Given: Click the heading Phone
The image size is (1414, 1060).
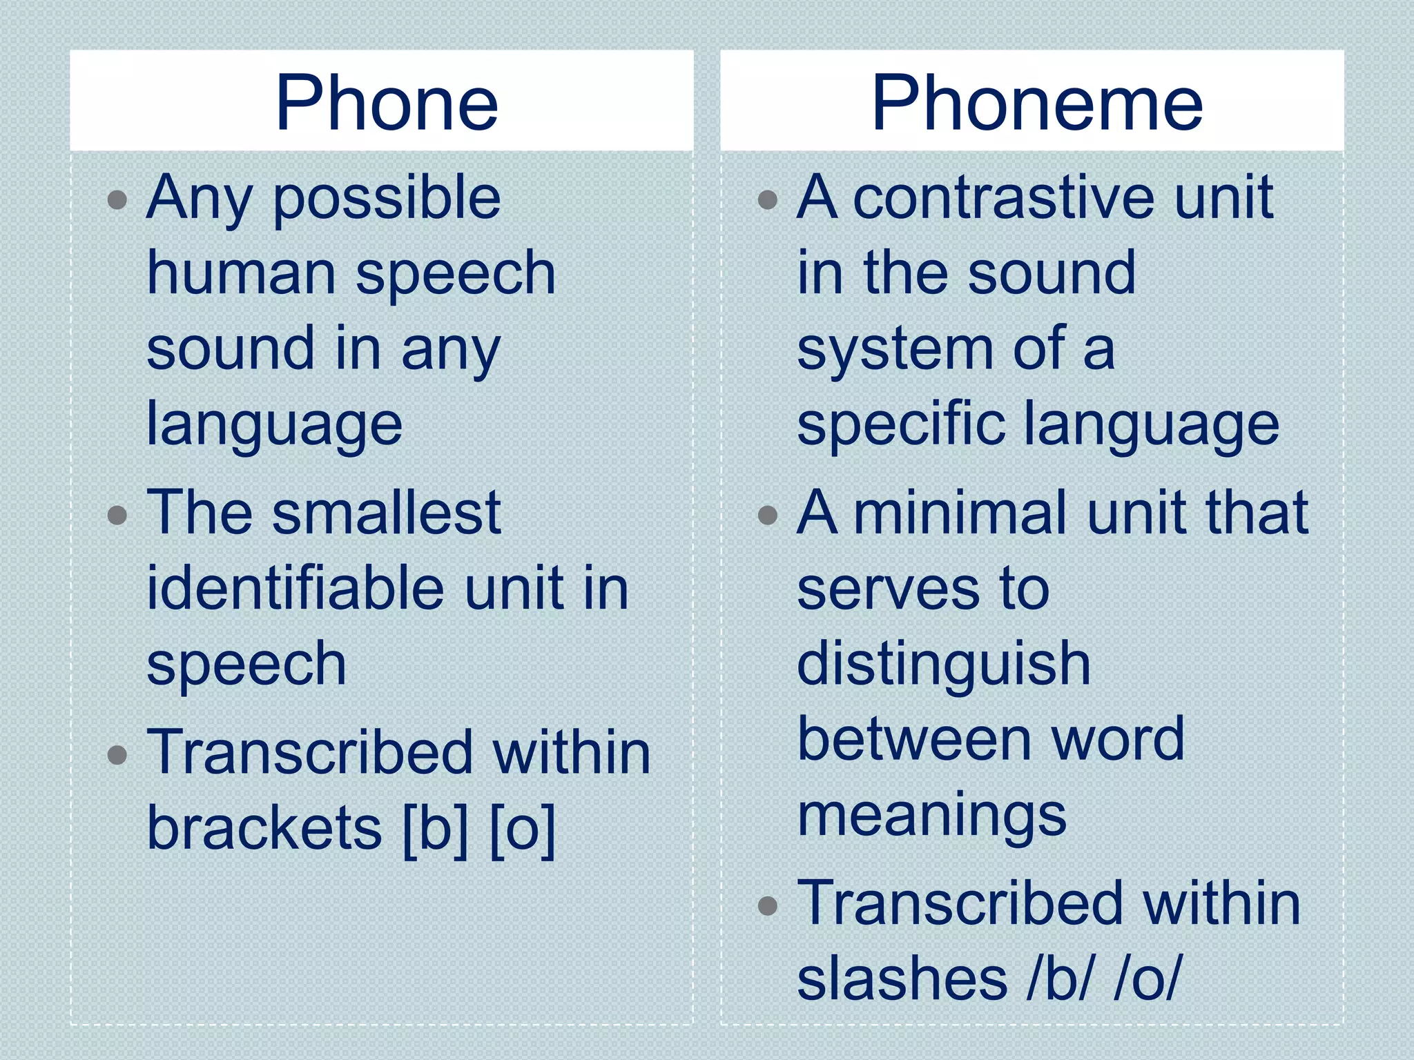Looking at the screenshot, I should pos(387,104).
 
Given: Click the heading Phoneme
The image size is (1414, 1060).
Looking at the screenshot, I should pos(1037,104).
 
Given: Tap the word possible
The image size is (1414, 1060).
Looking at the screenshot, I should pos(387,199).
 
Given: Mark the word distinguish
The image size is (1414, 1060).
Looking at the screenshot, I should pos(944,665).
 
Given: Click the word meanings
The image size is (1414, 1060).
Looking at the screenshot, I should pos(932,817).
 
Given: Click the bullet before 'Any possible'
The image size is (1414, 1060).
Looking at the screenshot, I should pos(118,200).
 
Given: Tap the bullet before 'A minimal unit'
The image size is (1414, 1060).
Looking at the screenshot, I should pos(768,515).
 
